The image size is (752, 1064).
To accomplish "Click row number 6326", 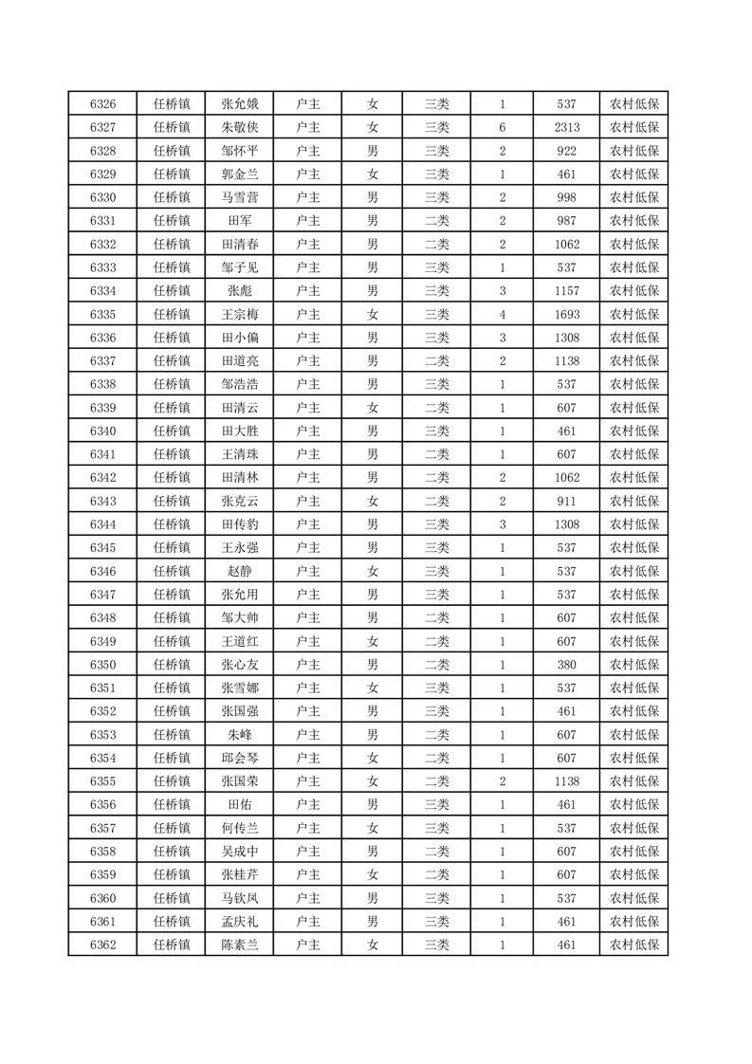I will tap(102, 104).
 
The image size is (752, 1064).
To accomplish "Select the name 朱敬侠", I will tap(239, 128).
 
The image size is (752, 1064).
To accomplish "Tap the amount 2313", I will tap(567, 128).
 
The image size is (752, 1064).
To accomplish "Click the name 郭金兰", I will tap(239, 174).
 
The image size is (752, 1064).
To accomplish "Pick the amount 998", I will tap(567, 197).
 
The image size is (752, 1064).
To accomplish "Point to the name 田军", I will tap(239, 221).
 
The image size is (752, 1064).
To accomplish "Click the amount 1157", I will tap(567, 291).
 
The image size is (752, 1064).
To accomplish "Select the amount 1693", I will tap(567, 314).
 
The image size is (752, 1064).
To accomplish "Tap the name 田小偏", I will tap(239, 338).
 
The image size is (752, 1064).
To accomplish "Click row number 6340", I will tap(102, 431).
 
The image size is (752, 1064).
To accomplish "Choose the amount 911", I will tap(567, 501).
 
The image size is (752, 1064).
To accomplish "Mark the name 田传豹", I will tap(239, 524).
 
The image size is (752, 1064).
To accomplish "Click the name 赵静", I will tap(239, 571).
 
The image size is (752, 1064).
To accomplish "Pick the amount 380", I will tap(567, 664).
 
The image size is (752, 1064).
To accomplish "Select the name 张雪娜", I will tap(239, 688).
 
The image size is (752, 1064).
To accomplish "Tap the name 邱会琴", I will tap(239, 758).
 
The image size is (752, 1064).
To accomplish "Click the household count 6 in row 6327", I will tap(502, 128).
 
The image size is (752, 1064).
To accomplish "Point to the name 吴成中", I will tap(239, 851).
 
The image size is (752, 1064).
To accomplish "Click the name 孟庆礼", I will tap(239, 921).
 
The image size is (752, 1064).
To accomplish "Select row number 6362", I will tap(102, 945).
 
